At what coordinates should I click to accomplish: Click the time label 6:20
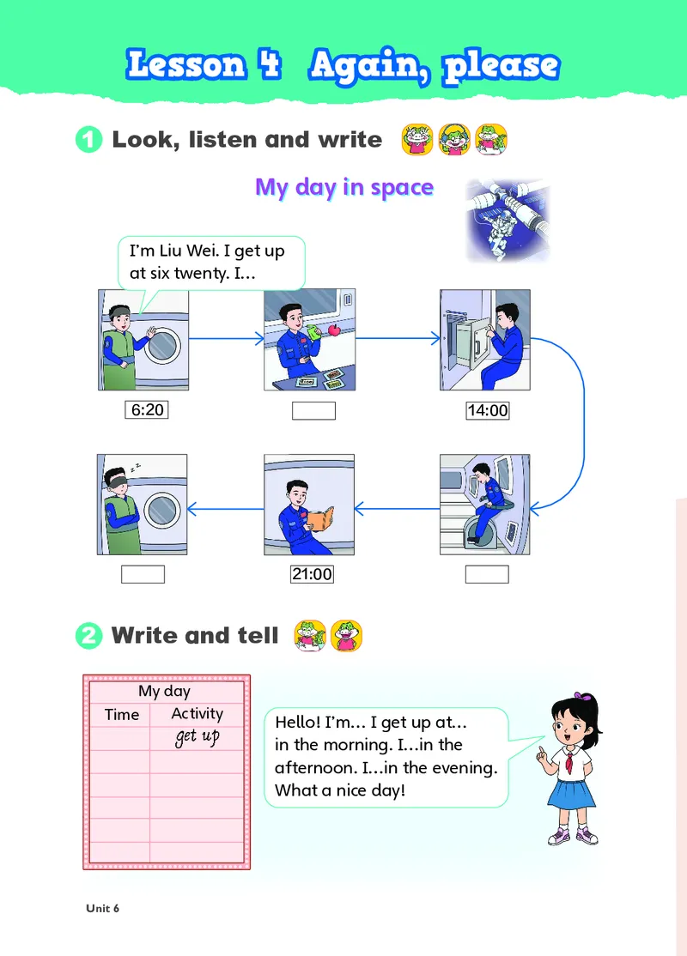tap(147, 409)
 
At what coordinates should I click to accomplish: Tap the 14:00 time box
tap(487, 410)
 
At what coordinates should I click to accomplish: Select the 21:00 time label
tap(312, 574)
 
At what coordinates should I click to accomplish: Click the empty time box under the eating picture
tap(313, 411)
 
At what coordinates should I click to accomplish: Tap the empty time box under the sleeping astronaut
tap(143, 574)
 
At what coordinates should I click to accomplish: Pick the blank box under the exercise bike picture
tap(487, 574)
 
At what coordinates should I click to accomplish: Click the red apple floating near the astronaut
tap(334, 330)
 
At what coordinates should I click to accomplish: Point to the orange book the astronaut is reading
tap(319, 519)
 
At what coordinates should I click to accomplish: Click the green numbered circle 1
tap(89, 140)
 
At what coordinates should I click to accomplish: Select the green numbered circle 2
tap(89, 636)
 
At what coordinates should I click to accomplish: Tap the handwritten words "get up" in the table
tap(197, 737)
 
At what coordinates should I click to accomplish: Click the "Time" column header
tap(121, 715)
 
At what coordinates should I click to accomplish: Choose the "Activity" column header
tap(197, 713)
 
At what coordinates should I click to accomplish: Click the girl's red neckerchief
tap(569, 762)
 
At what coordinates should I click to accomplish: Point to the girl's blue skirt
tap(570, 792)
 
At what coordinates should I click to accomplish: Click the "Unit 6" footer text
tap(102, 909)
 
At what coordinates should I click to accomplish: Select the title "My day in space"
tap(344, 187)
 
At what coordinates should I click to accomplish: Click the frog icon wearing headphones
tap(454, 139)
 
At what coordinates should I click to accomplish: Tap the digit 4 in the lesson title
tap(269, 64)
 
